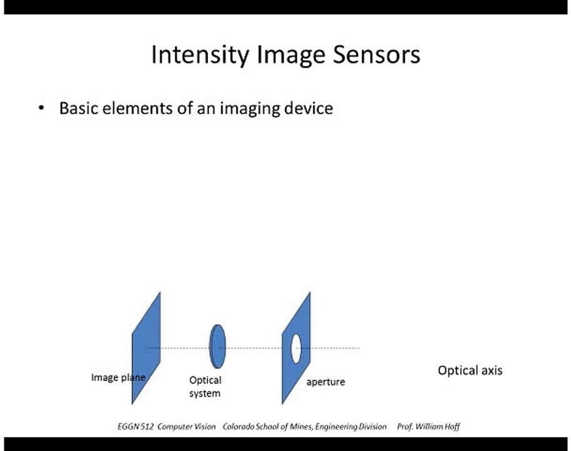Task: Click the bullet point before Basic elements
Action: (41, 108)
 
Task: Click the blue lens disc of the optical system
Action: (218, 346)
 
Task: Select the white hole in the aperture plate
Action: (296, 348)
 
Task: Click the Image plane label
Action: (118, 377)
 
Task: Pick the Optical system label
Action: (205, 386)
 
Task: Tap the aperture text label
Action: (325, 381)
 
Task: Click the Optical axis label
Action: (470, 370)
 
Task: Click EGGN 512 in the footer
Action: (135, 427)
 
